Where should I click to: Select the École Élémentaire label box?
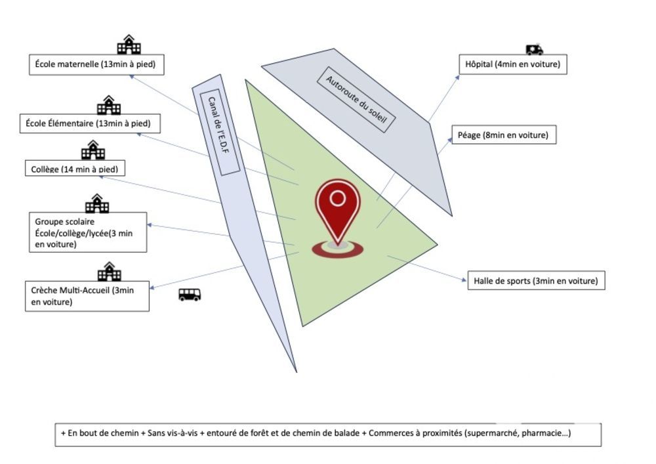click(89, 123)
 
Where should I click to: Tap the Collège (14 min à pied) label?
click(75, 168)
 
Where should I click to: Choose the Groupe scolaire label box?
click(88, 232)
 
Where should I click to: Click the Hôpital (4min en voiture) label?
click(512, 64)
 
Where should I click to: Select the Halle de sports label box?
click(535, 281)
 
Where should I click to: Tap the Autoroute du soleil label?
click(357, 99)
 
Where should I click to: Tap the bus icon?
click(190, 295)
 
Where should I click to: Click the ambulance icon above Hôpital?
click(534, 49)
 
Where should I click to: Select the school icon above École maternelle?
click(129, 45)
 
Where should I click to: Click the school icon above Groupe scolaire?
click(97, 203)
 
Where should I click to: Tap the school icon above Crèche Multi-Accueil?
click(109, 271)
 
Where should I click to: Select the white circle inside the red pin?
click(337, 198)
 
